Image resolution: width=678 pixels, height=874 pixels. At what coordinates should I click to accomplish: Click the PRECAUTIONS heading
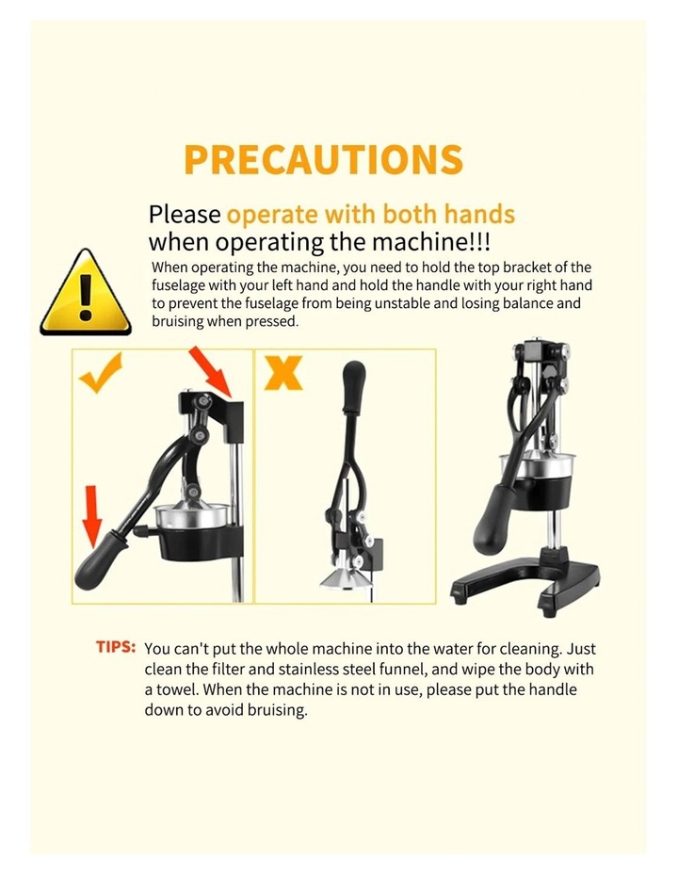[323, 159]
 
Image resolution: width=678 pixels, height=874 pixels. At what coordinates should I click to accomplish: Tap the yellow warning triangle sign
[86, 292]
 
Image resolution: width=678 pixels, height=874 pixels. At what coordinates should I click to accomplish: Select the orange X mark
[283, 372]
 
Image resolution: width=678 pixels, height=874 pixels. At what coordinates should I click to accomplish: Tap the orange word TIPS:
[116, 647]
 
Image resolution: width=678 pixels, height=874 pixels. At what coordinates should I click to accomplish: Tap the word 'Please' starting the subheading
[185, 215]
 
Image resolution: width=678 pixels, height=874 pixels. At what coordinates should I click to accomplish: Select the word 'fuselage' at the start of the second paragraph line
[178, 286]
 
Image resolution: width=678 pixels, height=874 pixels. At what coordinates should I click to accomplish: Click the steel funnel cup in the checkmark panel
[192, 516]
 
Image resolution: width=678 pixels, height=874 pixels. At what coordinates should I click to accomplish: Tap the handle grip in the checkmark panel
[100, 558]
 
